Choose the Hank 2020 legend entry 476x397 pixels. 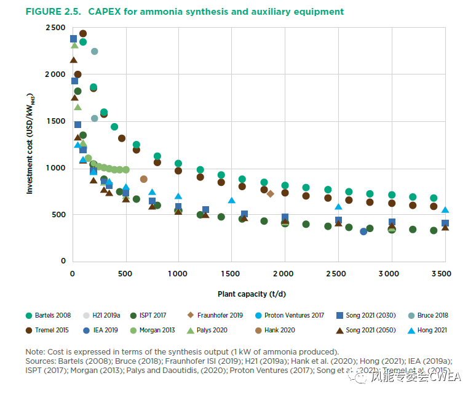pos(280,330)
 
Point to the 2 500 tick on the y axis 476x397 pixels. pos(55,28)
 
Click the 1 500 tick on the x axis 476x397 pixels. pos(231,273)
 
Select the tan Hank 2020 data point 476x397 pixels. pos(144,179)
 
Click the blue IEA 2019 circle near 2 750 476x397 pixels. pos(363,231)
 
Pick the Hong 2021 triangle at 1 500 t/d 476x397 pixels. pos(232,200)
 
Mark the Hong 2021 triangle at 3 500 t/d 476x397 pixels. pos(445,210)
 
